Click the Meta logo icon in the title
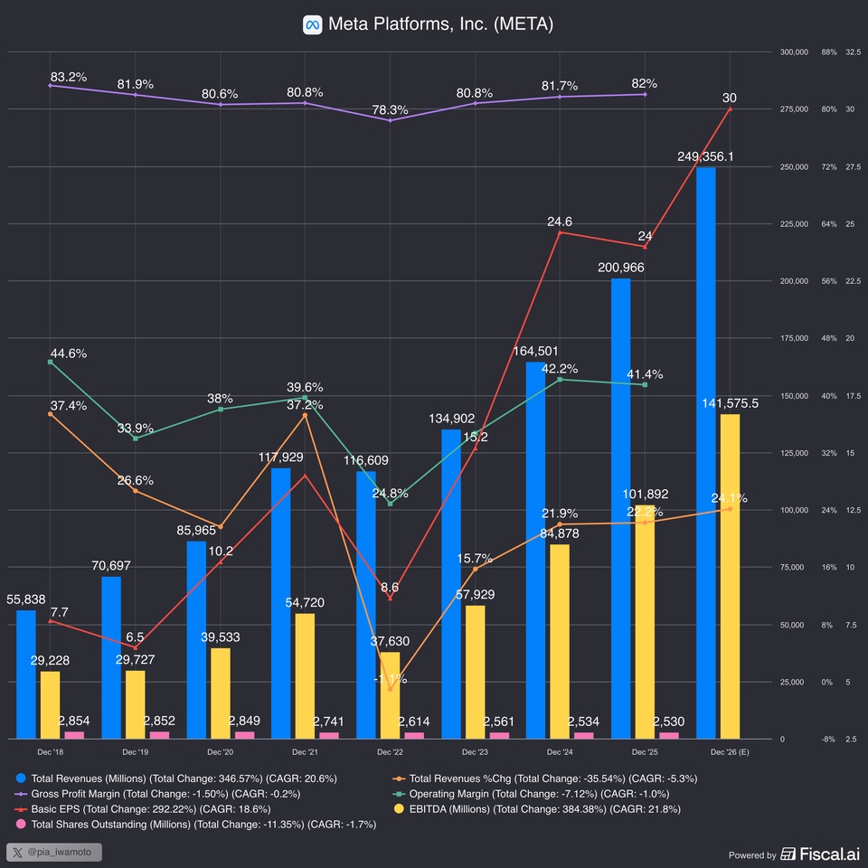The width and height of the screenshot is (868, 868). pyautogui.click(x=312, y=24)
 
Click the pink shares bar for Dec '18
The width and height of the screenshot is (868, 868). pyautogui.click(x=74, y=734)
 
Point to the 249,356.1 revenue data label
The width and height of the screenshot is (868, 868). pyautogui.click(x=705, y=156)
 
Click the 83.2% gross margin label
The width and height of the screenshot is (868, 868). pyautogui.click(x=69, y=77)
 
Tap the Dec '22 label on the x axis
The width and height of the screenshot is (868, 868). pyautogui.click(x=390, y=752)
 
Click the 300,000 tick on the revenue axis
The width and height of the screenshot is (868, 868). pyautogui.click(x=793, y=52)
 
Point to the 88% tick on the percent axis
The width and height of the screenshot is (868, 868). pyautogui.click(x=828, y=52)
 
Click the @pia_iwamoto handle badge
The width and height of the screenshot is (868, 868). pyautogui.click(x=54, y=852)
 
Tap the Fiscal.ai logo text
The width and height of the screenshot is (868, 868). pyautogui.click(x=823, y=854)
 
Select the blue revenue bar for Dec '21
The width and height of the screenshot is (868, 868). pyautogui.click(x=281, y=602)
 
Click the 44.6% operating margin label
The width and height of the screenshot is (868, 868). pyautogui.click(x=69, y=354)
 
